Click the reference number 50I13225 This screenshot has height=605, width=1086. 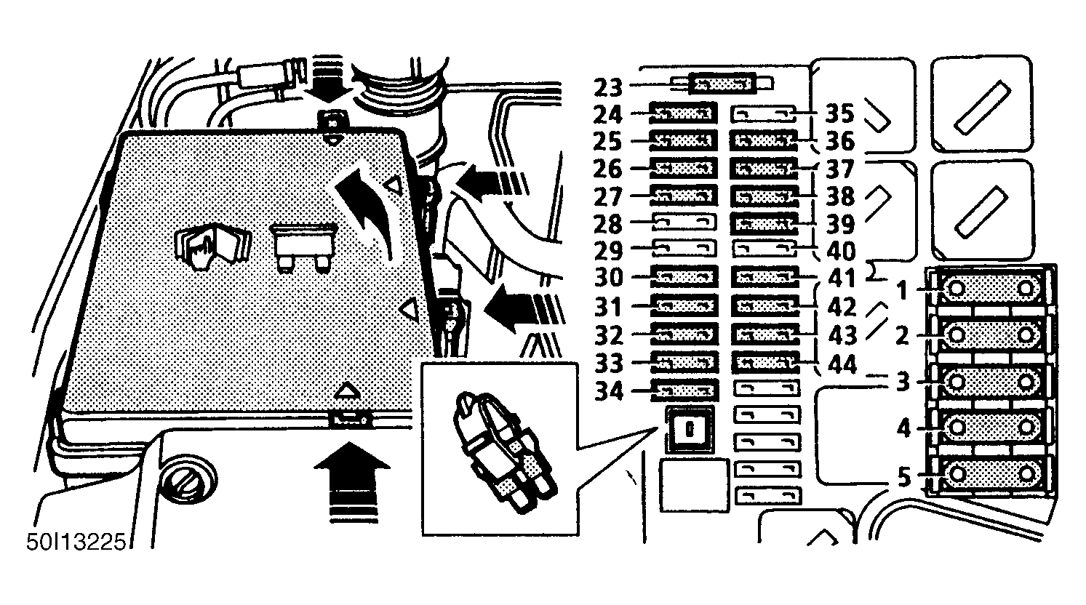coord(76,542)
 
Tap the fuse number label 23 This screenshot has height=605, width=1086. coord(608,88)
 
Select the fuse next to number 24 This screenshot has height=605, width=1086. coord(683,113)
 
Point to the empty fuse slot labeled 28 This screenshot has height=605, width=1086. coord(684,223)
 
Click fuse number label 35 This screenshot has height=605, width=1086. coord(839,113)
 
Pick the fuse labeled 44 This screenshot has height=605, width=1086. coord(764,361)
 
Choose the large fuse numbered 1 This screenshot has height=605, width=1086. coord(991,289)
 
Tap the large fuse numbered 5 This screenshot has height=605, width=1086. coord(991,475)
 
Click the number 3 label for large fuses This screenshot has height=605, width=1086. coord(902,382)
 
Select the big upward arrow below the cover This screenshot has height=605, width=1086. coord(351,481)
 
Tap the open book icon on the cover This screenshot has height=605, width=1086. coord(212,247)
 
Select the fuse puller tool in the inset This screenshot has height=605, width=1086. coord(504,449)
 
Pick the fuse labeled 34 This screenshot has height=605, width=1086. coord(684,390)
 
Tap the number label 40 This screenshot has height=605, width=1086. coord(841,252)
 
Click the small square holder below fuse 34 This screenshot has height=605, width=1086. coord(690,430)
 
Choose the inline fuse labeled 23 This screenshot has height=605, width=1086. coord(723,84)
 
